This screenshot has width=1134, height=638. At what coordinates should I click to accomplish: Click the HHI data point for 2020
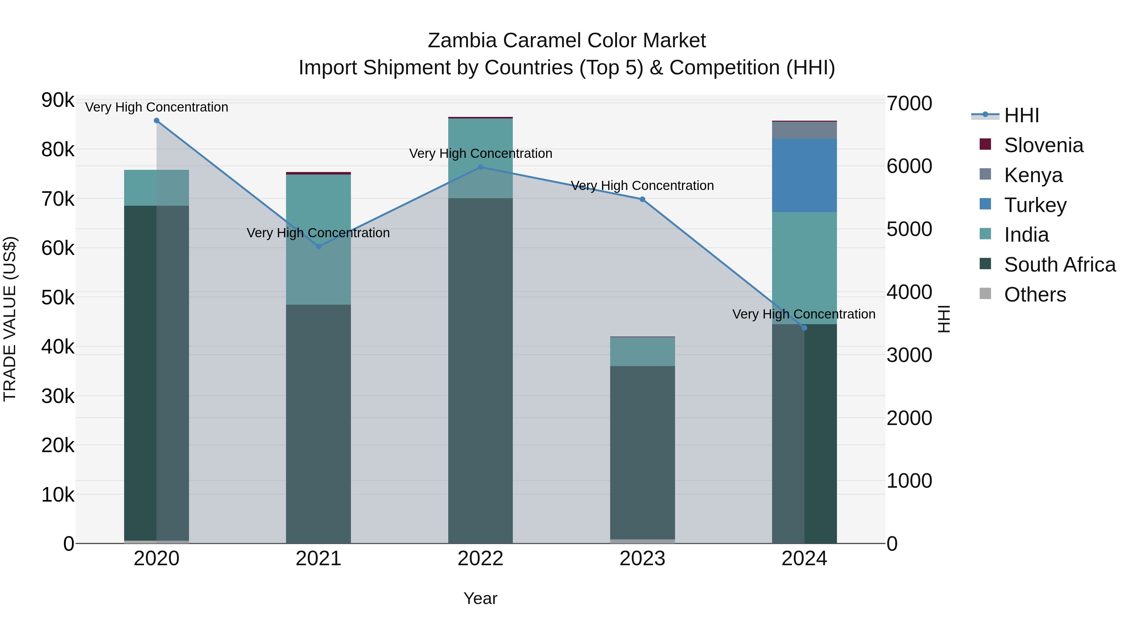coord(157,121)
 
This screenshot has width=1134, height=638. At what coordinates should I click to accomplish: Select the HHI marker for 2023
coord(642,199)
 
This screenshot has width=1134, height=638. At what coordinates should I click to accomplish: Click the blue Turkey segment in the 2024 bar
coord(804,175)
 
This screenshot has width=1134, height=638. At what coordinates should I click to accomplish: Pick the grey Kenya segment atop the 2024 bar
coord(804,130)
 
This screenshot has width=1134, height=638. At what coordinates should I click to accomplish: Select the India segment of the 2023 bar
coord(642,351)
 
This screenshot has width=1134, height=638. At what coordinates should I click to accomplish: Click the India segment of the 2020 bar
coord(157,187)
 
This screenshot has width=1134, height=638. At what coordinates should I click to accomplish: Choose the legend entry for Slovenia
coord(1043,145)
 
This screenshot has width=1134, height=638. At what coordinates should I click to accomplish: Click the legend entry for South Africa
coord(1060,265)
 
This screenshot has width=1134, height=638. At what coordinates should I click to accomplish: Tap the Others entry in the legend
coord(1034,295)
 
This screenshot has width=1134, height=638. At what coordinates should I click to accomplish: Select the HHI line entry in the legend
coord(1021,115)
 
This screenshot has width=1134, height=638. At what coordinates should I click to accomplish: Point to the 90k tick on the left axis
coord(58,101)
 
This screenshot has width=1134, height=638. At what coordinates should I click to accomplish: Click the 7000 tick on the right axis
coord(909,104)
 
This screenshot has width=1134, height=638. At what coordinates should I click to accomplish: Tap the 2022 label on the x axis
coord(480,559)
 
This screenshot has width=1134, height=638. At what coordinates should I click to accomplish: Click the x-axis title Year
coord(480,598)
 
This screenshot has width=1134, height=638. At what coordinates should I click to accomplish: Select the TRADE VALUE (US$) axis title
coord(10,319)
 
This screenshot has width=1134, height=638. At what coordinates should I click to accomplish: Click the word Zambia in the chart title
coord(462,41)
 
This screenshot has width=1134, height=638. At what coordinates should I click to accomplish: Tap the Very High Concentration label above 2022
coord(480,154)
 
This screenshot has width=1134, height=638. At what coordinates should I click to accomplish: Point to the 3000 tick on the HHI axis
coord(909,355)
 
